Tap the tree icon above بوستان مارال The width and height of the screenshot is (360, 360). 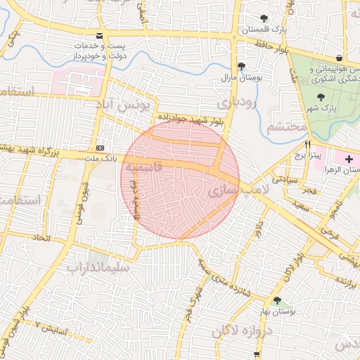coord(242,66)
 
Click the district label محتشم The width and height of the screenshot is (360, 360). coord(287,127)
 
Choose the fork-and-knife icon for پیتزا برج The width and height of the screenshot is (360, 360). coord(298,143)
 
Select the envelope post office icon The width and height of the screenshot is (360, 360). coord(99,35)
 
